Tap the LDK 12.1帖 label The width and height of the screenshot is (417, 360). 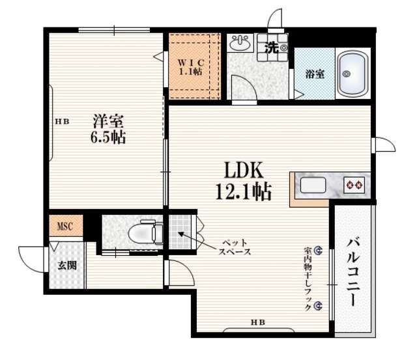click(243, 180)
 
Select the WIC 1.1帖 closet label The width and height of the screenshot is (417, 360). click(191, 66)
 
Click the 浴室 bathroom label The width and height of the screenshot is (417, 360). click(315, 74)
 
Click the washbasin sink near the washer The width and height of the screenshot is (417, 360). click(240, 44)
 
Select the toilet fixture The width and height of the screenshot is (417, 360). click(145, 232)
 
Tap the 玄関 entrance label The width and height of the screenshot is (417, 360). click(65, 265)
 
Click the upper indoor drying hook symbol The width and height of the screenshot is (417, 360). click(318, 250)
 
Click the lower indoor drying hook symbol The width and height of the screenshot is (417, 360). click(318, 305)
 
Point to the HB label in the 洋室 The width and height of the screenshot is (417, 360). click(62, 122)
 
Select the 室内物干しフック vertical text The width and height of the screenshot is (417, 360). click(306, 277)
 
